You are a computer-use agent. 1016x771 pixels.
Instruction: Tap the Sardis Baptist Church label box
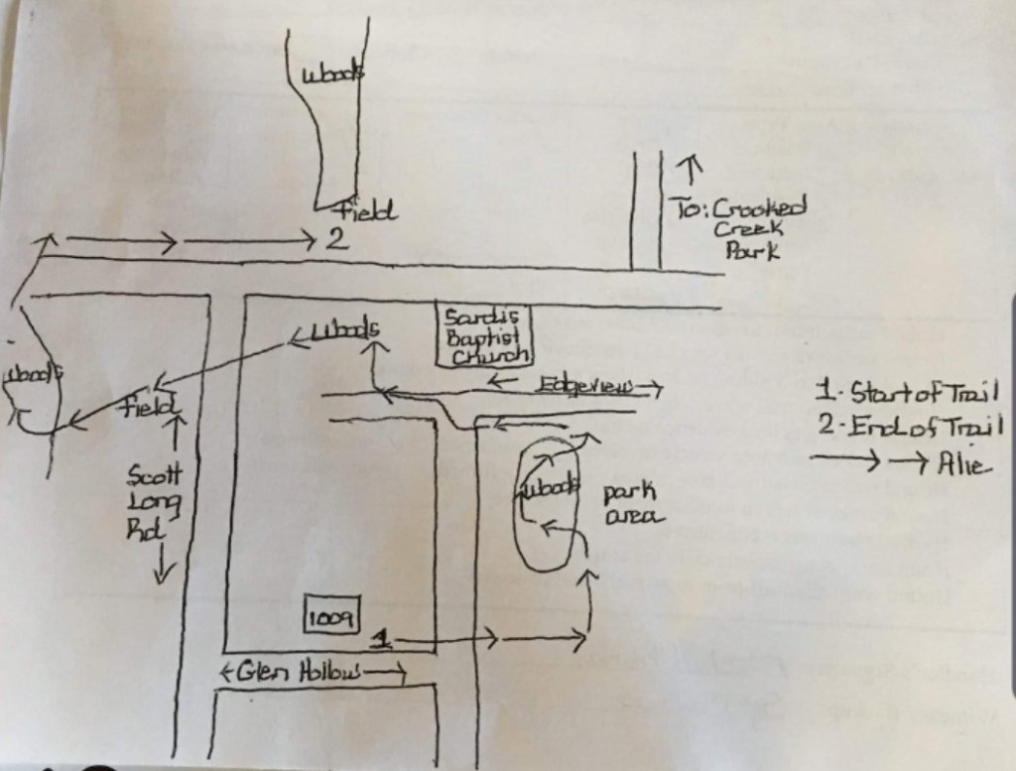click(x=486, y=337)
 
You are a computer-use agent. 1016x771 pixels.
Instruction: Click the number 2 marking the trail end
click(x=336, y=239)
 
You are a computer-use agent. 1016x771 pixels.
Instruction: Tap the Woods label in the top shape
click(x=330, y=75)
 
